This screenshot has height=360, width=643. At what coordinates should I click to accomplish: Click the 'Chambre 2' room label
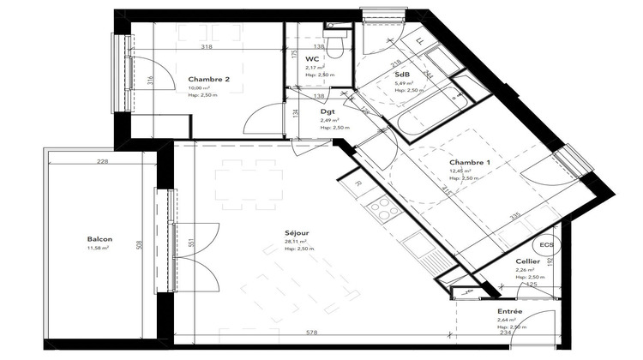click(x=208, y=80)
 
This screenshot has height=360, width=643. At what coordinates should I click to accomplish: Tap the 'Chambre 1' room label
click(x=470, y=163)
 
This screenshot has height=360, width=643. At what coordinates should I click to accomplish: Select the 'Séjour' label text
click(x=298, y=232)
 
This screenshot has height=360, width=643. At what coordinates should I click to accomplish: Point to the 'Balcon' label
click(x=100, y=239)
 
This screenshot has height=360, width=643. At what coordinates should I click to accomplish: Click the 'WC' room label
click(x=312, y=58)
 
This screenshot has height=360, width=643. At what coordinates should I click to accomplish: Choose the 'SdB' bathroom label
click(x=401, y=75)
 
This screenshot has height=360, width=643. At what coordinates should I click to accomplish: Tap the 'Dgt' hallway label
click(x=328, y=111)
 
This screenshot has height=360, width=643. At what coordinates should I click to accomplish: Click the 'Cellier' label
click(x=527, y=261)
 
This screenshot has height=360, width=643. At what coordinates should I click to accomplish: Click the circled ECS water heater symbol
click(x=547, y=243)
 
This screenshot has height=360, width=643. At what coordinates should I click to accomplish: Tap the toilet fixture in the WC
click(x=338, y=42)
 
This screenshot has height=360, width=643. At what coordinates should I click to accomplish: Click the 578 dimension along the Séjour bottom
click(x=312, y=333)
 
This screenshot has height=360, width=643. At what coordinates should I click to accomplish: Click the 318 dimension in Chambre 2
click(x=206, y=48)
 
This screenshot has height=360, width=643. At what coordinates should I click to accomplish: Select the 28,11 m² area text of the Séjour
click(x=298, y=242)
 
